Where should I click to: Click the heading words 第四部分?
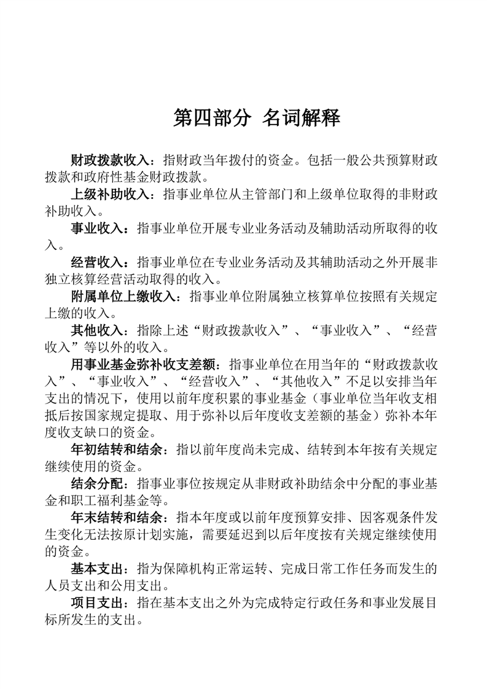tap(212, 118)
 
